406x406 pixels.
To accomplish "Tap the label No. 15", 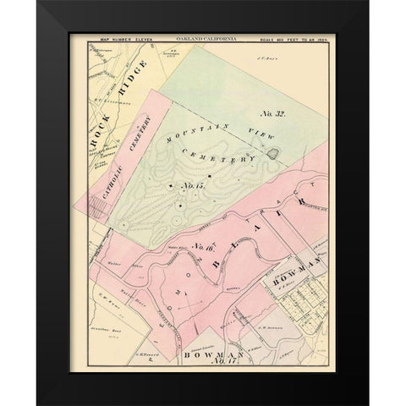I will [194, 184].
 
